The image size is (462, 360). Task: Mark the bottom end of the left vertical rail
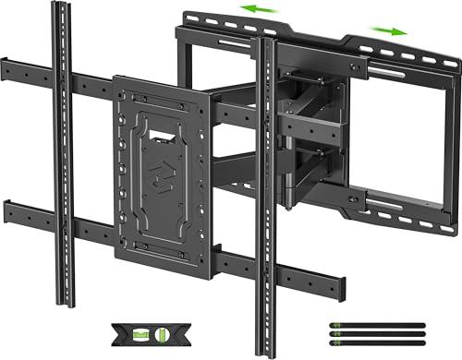point(67,305)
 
